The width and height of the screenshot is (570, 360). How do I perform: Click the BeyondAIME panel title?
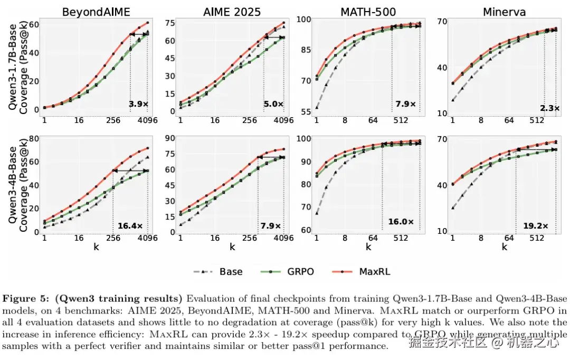[96, 11]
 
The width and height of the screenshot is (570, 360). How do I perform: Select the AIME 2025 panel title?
[232, 11]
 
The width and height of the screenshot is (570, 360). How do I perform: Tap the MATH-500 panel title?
[368, 11]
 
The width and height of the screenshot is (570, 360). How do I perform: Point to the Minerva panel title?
[504, 11]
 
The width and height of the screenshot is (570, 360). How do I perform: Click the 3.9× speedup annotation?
[139, 104]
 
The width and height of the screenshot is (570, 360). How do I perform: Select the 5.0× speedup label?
[273, 104]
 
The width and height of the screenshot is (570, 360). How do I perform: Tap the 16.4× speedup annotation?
[130, 226]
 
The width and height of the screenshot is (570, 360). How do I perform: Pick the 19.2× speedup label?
[535, 226]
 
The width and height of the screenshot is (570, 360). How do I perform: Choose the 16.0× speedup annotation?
[400, 222]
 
